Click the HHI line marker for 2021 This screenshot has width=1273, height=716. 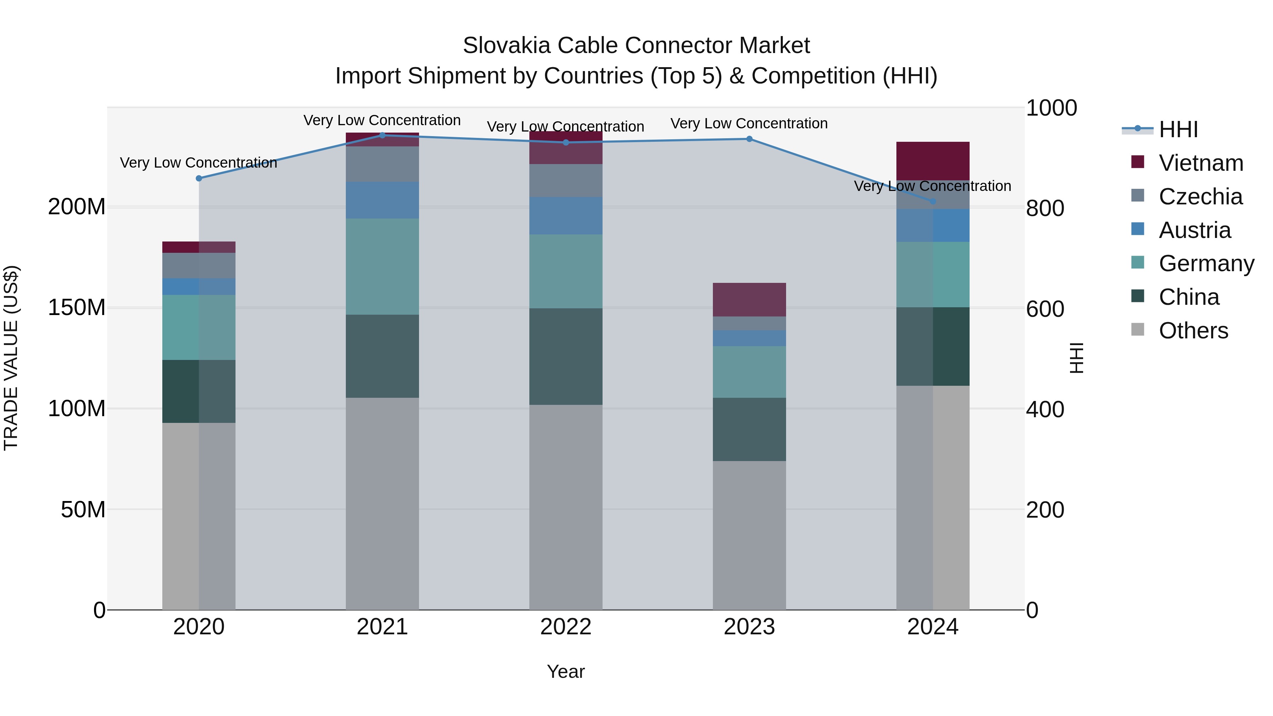pyautogui.click(x=382, y=135)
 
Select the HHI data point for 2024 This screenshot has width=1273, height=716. pyautogui.click(x=932, y=202)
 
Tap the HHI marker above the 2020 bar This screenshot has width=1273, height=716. pyautogui.click(x=199, y=179)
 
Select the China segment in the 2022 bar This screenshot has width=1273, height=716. pyautogui.click(x=565, y=356)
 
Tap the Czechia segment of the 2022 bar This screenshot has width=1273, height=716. pyautogui.click(x=565, y=180)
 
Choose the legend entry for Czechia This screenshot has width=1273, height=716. pyautogui.click(x=1200, y=197)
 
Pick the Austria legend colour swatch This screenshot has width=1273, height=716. pyautogui.click(x=1137, y=229)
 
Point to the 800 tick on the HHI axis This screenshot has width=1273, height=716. pyautogui.click(x=1045, y=208)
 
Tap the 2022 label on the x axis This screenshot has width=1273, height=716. pyautogui.click(x=565, y=627)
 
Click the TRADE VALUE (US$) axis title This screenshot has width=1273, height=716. pyautogui.click(x=11, y=358)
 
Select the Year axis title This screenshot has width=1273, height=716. pyautogui.click(x=565, y=671)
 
